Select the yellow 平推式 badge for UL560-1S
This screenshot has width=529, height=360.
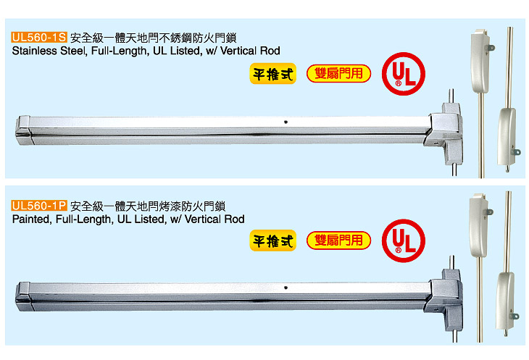[x=273, y=74]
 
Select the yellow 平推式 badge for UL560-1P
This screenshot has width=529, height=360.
[x=273, y=241]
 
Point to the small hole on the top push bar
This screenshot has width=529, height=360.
[x=288, y=121]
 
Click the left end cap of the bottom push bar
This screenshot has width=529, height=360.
[x=24, y=293]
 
